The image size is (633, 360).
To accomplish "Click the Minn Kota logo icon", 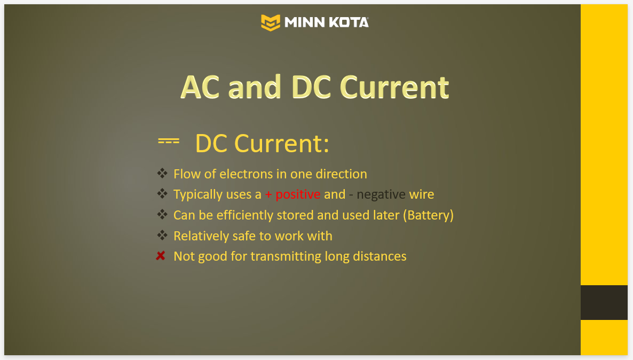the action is coord(271,22).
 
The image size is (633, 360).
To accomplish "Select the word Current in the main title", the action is coord(394,87).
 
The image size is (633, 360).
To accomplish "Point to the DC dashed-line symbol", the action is coord(169,142).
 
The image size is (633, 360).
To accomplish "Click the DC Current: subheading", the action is coord(262,143).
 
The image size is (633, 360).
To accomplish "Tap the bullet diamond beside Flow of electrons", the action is coord(162,174).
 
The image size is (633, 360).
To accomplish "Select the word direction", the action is coord(341,174).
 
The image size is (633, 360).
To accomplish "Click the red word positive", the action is coord(298,195).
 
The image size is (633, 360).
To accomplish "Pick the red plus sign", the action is coord(268,195).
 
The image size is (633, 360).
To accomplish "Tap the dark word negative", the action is coord(381,195).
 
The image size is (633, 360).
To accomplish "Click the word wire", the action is coord(422,194).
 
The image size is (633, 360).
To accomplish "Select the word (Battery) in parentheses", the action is coord(429,215).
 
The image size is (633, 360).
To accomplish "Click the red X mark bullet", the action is coord(161,256).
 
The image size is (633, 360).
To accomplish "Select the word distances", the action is coord(379,256).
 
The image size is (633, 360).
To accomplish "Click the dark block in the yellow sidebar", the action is coord(604,303).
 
